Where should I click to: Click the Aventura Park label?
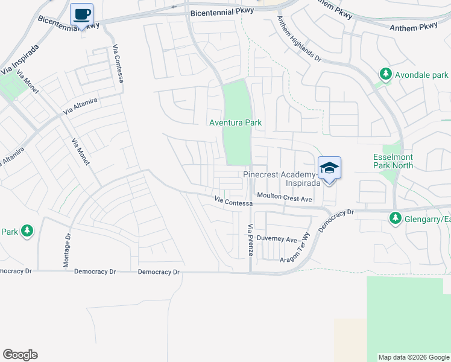tap(235, 122)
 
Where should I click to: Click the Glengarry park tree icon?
tap(395, 218)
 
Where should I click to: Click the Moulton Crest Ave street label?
tap(285, 197)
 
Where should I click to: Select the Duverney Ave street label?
tap(277, 239)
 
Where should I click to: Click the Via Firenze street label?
tap(250, 239)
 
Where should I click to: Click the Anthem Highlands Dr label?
tap(298, 37)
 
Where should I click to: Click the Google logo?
tap(20, 355)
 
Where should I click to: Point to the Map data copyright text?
tap(414, 357)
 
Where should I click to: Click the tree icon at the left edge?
tap(27, 230)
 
